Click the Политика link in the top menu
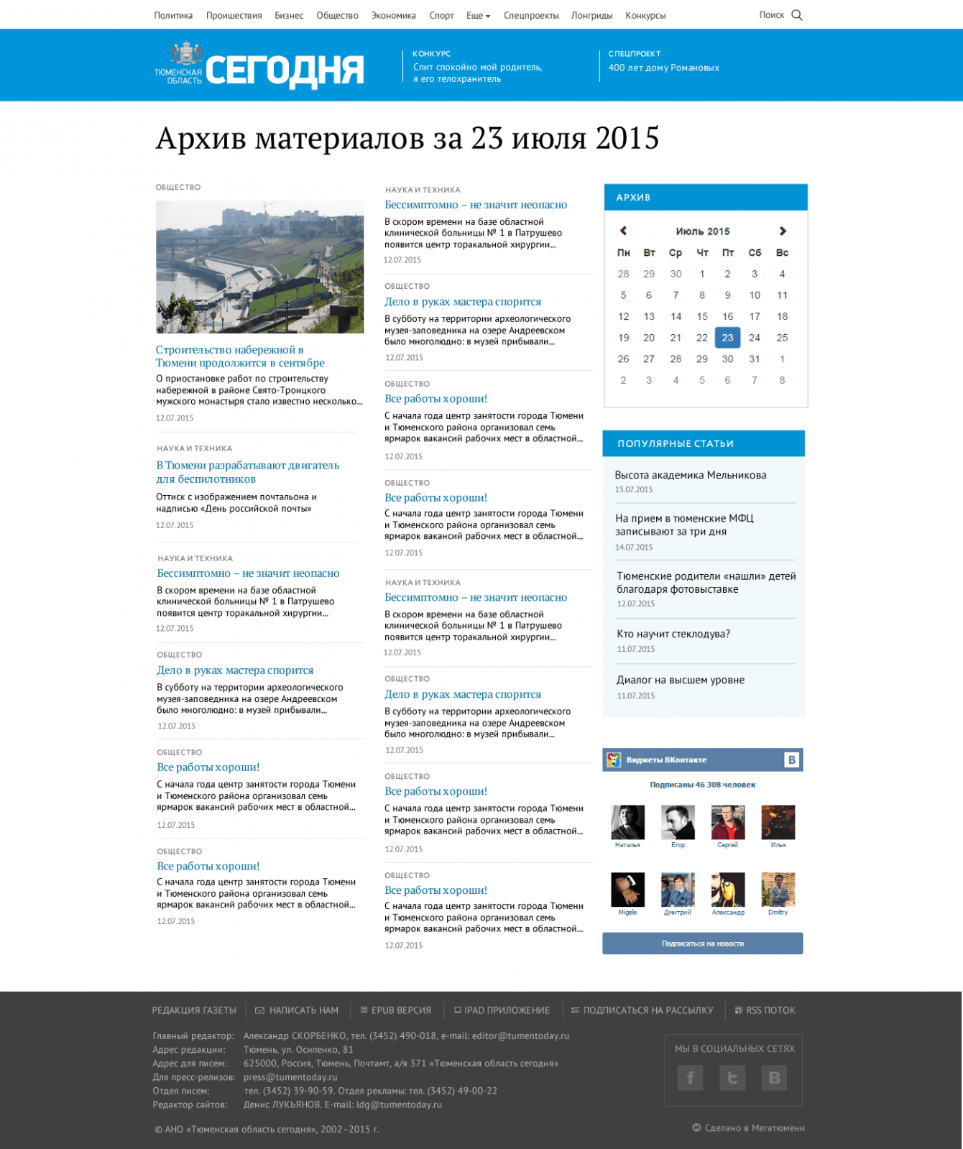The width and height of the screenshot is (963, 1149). coord(173,15)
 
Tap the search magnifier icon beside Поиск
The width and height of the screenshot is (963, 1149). coord(796,15)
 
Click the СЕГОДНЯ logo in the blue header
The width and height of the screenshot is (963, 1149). coord(284,70)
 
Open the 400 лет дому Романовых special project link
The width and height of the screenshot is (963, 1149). coord(663,68)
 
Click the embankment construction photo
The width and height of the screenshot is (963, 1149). coord(259,267)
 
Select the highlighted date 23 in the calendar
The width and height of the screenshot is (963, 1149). coord(727,338)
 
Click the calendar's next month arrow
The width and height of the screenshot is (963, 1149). coord(783,231)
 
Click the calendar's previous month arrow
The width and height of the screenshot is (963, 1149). coord(623,231)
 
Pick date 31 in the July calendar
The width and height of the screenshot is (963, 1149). coord(754,359)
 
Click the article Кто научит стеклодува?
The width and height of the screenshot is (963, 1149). coord(673,634)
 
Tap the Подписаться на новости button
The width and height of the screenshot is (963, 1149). coord(702,943)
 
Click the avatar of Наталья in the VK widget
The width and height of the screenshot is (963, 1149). coord(627,822)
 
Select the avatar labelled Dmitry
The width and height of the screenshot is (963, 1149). coord(778,890)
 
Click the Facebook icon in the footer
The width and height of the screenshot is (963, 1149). coord(690,1077)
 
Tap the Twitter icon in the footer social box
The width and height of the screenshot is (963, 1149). coord(732,1077)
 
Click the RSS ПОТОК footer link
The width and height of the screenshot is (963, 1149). coord(770,1010)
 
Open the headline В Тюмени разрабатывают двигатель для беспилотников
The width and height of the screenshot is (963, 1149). coord(247,472)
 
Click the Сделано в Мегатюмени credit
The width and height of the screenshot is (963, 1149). coord(754,1127)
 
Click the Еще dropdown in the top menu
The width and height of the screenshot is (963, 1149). coord(478,15)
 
